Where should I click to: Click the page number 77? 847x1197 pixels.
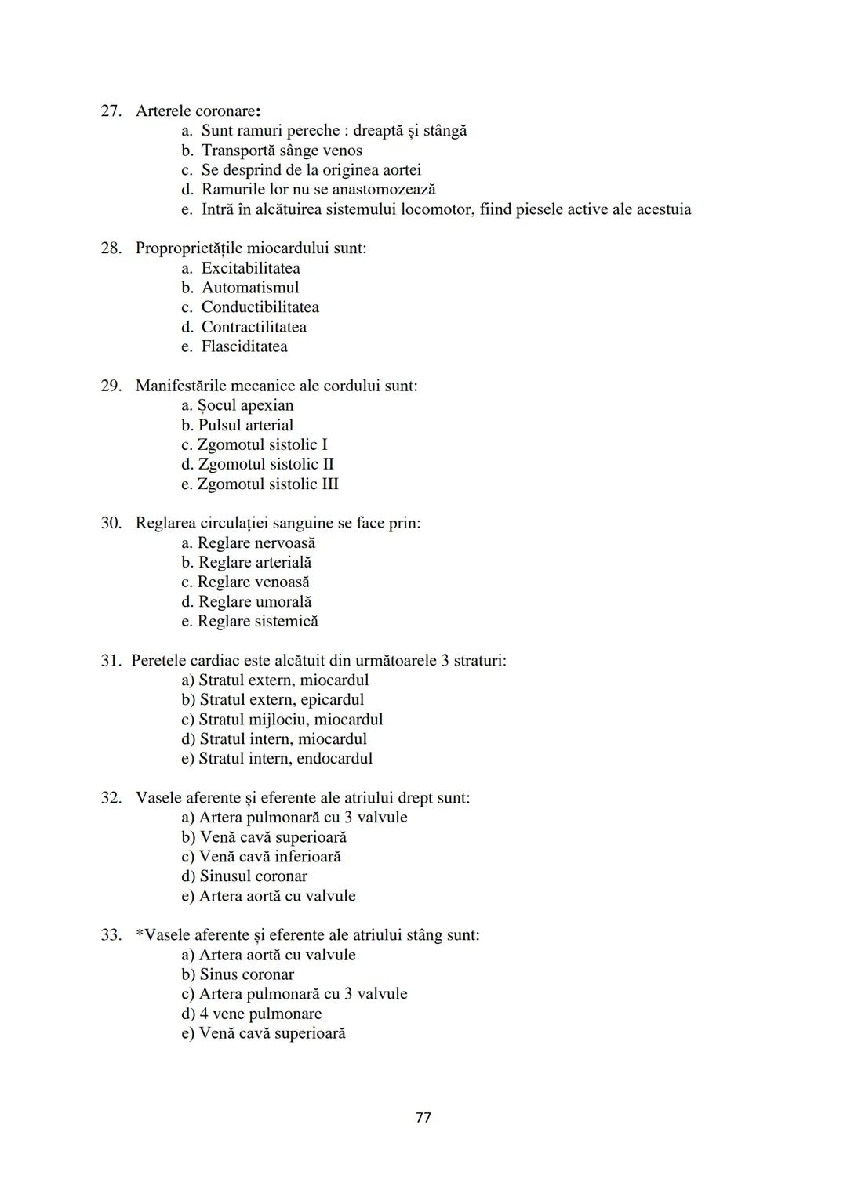pyautogui.click(x=423, y=1117)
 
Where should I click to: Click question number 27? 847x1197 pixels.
pyautogui.click(x=111, y=111)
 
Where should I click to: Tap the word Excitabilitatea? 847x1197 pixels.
pyautogui.click(x=250, y=268)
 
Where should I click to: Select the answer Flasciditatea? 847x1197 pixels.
pyautogui.click(x=244, y=346)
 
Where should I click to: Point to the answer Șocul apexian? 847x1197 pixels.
pyautogui.click(x=245, y=405)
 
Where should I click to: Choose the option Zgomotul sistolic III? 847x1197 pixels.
pyautogui.click(x=267, y=484)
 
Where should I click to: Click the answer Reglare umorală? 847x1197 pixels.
pyautogui.click(x=254, y=601)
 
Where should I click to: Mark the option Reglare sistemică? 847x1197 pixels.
pyautogui.click(x=257, y=621)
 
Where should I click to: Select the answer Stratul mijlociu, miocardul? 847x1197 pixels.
pyautogui.click(x=290, y=719)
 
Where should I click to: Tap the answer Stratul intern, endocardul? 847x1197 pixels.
pyautogui.click(x=285, y=758)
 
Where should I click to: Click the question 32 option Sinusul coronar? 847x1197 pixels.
pyautogui.click(x=253, y=876)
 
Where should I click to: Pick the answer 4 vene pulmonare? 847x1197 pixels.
pyautogui.click(x=260, y=1014)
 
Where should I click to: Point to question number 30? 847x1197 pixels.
pyautogui.click(x=111, y=523)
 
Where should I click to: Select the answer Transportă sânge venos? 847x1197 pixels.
pyautogui.click(x=282, y=151)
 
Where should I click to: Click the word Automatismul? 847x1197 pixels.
pyautogui.click(x=250, y=288)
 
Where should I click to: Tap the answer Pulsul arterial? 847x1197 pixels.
pyautogui.click(x=245, y=425)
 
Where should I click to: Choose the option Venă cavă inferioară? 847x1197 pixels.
pyautogui.click(x=270, y=857)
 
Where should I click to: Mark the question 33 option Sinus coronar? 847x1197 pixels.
pyautogui.click(x=246, y=974)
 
